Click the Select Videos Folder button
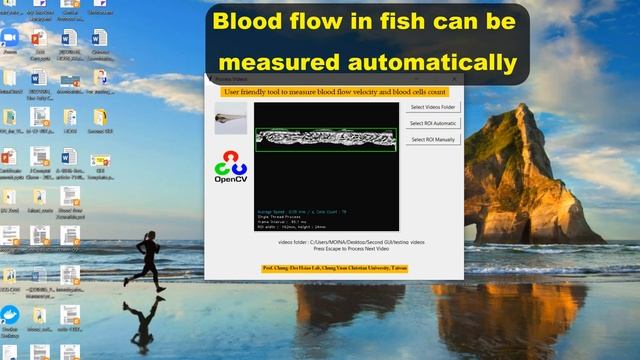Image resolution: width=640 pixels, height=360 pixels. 433,107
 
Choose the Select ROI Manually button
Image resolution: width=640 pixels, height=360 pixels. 433,140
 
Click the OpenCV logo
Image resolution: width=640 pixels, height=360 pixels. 231,167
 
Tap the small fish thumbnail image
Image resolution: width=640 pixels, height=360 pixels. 231,118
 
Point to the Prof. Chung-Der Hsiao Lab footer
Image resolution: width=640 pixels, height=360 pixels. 334,269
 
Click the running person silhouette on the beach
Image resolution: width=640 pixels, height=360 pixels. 150,259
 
